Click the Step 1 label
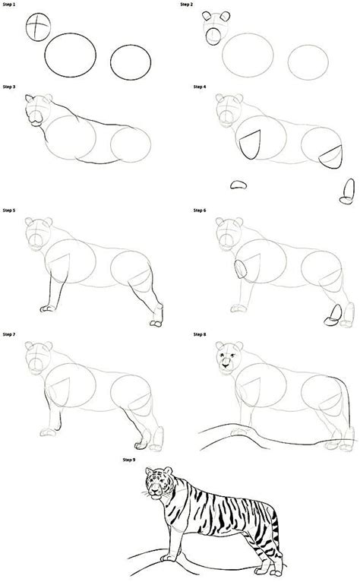(x=11, y=5)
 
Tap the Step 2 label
(x=186, y=5)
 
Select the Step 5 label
(x=11, y=210)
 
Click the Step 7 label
(x=11, y=334)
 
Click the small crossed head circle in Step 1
(x=37, y=27)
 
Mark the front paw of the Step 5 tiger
(x=47, y=308)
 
